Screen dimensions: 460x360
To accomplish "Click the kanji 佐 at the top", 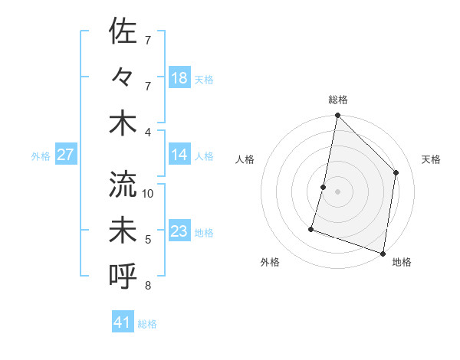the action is [x=123, y=33].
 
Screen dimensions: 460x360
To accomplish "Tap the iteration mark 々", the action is [x=123, y=77].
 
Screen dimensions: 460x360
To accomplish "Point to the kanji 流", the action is [x=123, y=185].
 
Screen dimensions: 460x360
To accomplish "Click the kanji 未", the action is [x=123, y=231].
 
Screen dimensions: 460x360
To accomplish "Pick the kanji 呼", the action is [x=123, y=275].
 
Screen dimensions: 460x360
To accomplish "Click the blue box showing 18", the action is [x=179, y=78].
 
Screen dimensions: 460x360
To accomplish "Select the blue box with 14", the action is [x=179, y=155].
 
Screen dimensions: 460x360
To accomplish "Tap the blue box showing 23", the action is [x=179, y=231].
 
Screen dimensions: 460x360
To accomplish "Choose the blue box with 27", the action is [x=65, y=155].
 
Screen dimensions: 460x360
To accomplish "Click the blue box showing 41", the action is [x=123, y=322].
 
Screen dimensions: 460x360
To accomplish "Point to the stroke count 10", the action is [x=148, y=194].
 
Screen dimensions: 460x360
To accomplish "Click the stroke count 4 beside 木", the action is [x=148, y=132].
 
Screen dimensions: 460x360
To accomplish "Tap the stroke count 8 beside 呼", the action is [x=148, y=286].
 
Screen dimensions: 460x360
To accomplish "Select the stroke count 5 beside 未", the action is [x=148, y=240].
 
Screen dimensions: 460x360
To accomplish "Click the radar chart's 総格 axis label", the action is [x=337, y=100].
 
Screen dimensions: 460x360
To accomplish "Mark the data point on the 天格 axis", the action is [x=396, y=172].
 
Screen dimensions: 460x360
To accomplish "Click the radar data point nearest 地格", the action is [x=383, y=253].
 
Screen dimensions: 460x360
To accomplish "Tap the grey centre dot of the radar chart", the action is [x=337, y=191].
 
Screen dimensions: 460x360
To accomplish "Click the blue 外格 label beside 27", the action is [x=41, y=156].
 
